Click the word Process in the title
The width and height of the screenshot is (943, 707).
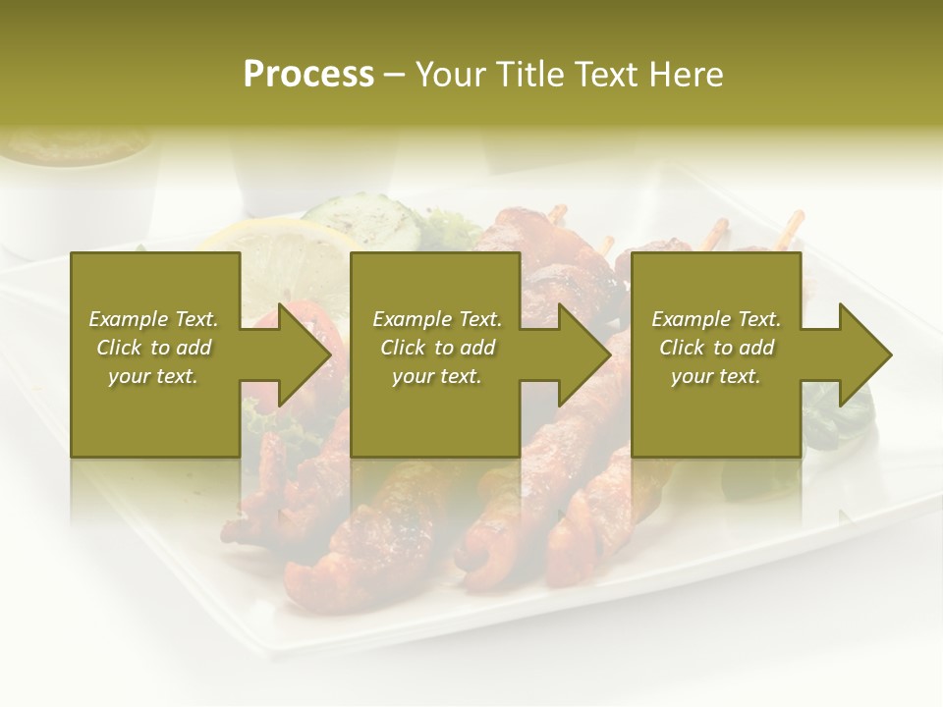pyautogui.click(x=308, y=75)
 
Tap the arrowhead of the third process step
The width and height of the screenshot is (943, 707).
pyautogui.click(x=863, y=354)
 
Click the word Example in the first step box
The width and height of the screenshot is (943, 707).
pyautogui.click(x=128, y=319)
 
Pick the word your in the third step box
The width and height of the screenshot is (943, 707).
pyautogui.click(x=692, y=376)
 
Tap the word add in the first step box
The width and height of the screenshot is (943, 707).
pyautogui.click(x=194, y=348)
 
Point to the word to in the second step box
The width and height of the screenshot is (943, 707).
pyautogui.click(x=444, y=348)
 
